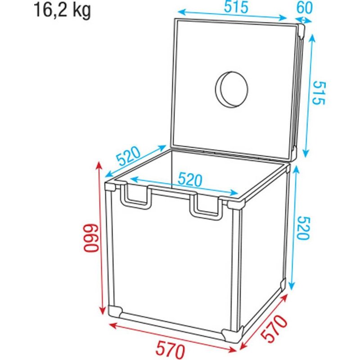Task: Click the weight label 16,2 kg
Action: click(62, 10)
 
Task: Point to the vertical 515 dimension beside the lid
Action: click(318, 93)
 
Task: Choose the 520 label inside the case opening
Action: click(189, 179)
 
